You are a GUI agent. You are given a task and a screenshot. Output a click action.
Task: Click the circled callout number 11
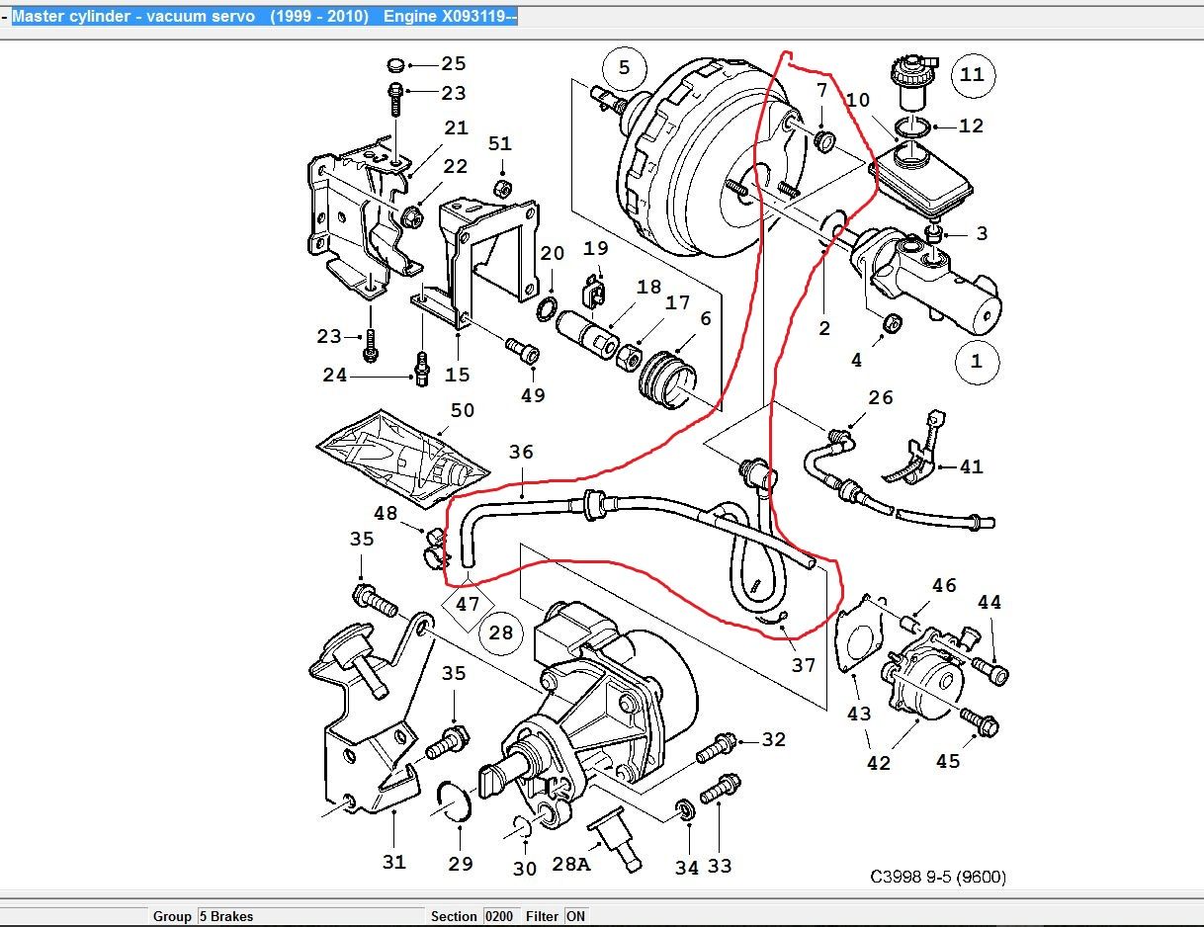point(973,75)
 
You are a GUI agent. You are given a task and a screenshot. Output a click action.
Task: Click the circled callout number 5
point(624,68)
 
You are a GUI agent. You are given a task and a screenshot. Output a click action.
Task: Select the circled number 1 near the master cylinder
point(977,361)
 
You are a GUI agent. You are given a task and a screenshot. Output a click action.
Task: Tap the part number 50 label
point(463,410)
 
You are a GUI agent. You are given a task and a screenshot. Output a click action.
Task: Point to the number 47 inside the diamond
point(468,603)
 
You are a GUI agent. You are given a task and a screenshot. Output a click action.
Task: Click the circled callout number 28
point(501,632)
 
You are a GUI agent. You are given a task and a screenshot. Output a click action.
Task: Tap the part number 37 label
point(805,665)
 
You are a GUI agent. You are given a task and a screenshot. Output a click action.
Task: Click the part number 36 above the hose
point(521,453)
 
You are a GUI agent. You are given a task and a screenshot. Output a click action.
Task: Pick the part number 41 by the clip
point(972,466)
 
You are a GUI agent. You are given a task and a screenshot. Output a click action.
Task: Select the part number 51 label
point(500,145)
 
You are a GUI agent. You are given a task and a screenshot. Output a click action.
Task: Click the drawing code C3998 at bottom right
point(938,877)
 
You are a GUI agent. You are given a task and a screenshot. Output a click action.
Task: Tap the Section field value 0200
point(499,916)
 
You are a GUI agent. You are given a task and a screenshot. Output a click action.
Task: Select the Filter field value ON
point(575,916)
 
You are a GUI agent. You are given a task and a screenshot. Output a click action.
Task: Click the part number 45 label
point(948,762)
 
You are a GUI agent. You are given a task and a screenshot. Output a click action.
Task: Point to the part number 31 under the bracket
point(394,863)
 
